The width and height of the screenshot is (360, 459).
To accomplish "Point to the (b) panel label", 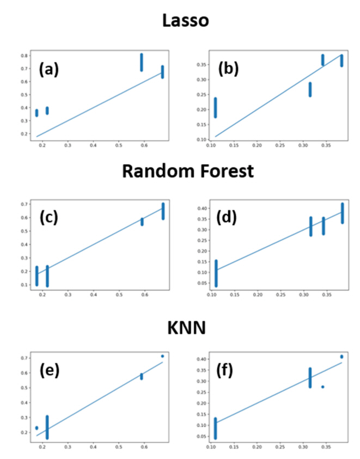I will (x=229, y=70).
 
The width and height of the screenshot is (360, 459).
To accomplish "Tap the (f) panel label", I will (x=229, y=371).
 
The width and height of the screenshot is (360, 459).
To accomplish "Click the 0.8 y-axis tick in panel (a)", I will (x=24, y=56).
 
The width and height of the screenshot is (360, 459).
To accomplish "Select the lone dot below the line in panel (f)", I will (x=322, y=387).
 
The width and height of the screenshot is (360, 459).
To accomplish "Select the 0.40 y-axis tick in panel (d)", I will (x=200, y=208).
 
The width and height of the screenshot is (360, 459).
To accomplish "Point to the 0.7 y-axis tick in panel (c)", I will (x=24, y=204).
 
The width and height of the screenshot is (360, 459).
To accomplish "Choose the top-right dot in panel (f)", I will (x=342, y=357).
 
